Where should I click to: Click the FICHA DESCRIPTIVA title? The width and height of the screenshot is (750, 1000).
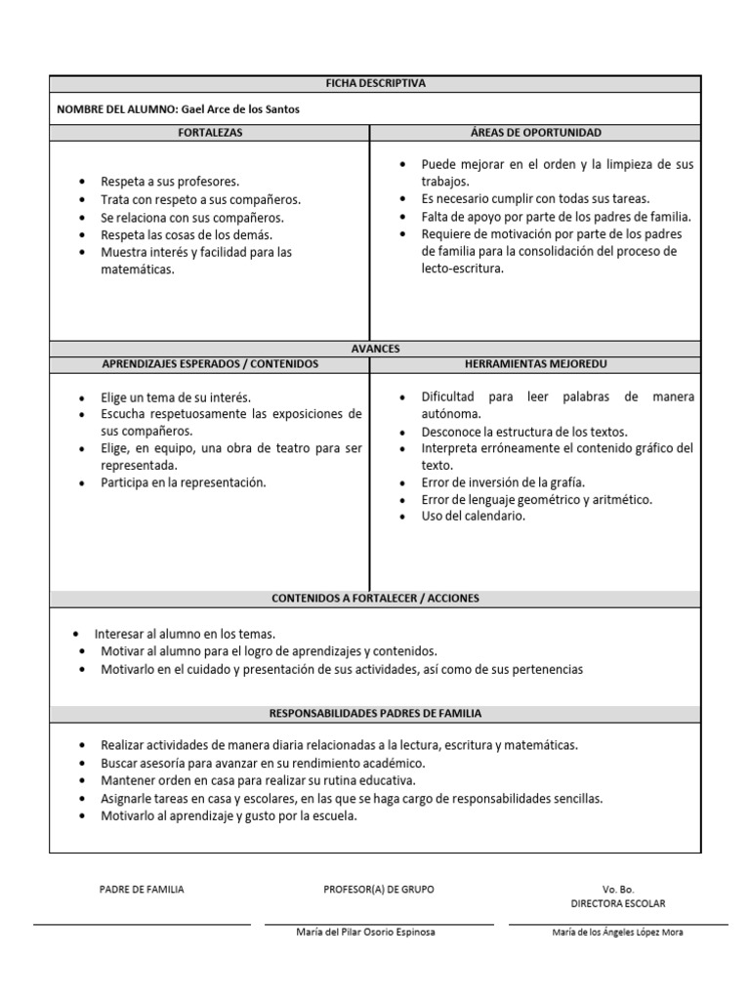[x=375, y=84]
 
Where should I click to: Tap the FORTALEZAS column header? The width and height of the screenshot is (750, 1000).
[x=209, y=132]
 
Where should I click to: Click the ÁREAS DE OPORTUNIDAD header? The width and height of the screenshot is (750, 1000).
[x=535, y=132]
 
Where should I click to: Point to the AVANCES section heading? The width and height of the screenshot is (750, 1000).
[x=375, y=348]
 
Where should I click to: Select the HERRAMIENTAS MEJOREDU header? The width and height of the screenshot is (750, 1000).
[x=535, y=363]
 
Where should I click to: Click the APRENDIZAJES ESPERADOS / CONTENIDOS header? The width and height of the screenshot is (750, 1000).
[x=209, y=363]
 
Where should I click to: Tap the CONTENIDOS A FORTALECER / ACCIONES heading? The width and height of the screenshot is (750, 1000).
[x=375, y=598]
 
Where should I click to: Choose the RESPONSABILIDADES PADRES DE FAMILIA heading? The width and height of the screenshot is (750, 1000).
[x=375, y=714]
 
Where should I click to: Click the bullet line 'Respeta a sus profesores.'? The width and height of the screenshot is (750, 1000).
[x=170, y=182]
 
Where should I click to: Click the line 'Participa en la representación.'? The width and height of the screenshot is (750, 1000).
[x=183, y=482]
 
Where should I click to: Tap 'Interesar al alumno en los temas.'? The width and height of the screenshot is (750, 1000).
[x=185, y=633]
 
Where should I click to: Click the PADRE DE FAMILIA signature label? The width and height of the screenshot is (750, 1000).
[x=142, y=890]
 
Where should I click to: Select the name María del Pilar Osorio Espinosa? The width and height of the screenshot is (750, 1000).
[x=365, y=932]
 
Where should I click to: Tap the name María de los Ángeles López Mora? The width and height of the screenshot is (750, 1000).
[x=617, y=933]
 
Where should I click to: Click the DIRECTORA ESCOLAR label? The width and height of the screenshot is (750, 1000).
[x=618, y=904]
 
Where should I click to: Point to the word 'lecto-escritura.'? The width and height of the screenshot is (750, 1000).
[x=464, y=269]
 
